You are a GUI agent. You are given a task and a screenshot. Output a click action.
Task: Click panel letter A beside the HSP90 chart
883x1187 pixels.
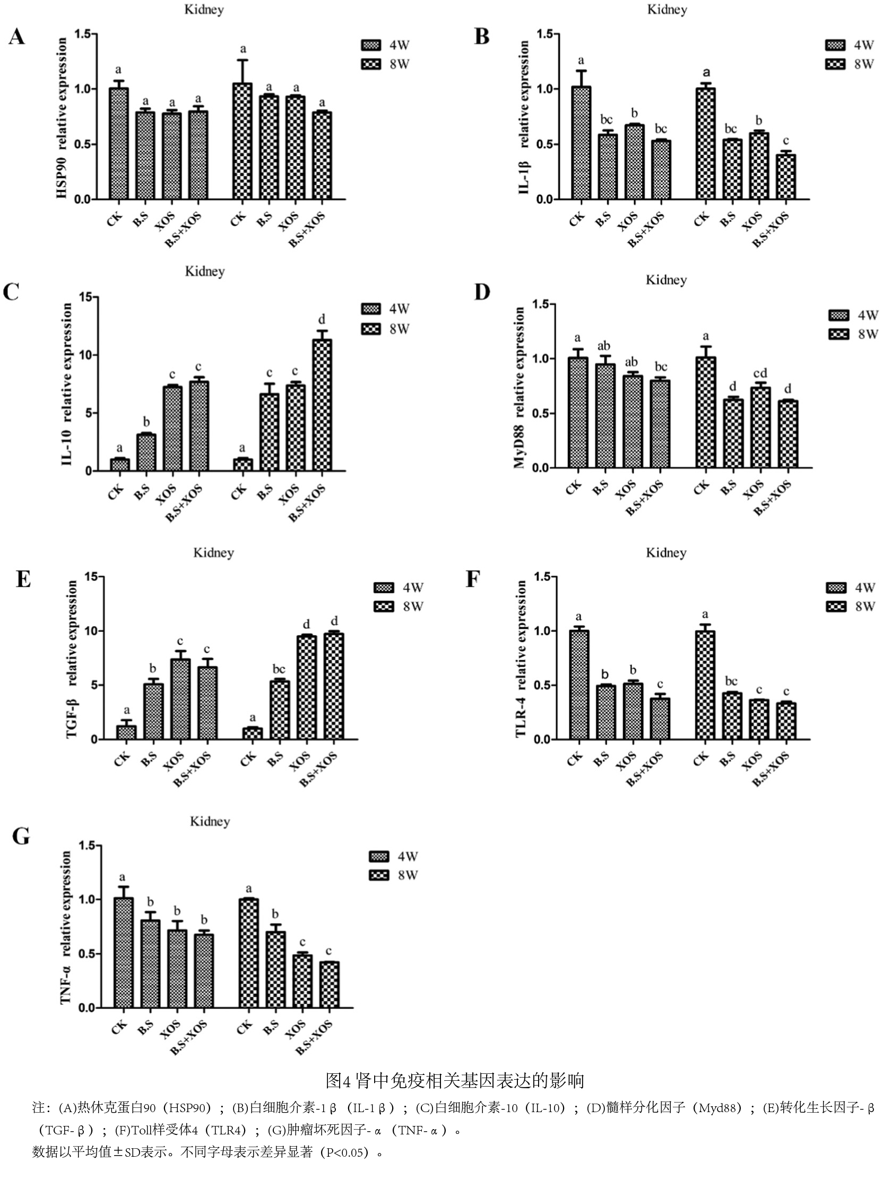[x=16, y=38]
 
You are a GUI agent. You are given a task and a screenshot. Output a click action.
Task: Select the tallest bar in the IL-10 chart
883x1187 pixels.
[x=322, y=405]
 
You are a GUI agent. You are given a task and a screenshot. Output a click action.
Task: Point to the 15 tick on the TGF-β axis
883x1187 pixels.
[x=91, y=577]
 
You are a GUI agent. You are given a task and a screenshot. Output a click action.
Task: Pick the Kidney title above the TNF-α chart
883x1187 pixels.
[x=210, y=822]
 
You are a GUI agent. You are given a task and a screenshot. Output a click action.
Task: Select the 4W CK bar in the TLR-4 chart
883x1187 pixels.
[x=579, y=685]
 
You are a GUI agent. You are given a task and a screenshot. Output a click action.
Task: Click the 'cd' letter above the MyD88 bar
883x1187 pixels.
[x=759, y=373]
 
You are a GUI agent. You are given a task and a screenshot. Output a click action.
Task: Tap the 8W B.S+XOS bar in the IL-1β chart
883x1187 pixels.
[x=786, y=176]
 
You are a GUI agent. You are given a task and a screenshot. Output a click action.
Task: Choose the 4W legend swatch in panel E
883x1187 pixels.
[x=383, y=588]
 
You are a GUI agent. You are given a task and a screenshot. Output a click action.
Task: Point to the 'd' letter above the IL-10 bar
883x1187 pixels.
[x=322, y=320]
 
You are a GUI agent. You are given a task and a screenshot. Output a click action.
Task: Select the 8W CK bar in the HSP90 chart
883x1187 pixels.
[x=242, y=141]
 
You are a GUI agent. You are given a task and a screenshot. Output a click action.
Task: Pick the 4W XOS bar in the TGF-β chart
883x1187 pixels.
[x=180, y=699]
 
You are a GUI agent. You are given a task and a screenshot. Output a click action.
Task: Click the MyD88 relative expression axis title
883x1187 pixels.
[x=519, y=388]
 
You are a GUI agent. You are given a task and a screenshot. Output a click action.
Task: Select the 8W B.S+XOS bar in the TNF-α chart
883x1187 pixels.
[x=328, y=985]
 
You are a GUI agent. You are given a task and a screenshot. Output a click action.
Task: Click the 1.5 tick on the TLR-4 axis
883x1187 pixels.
[x=542, y=577]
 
